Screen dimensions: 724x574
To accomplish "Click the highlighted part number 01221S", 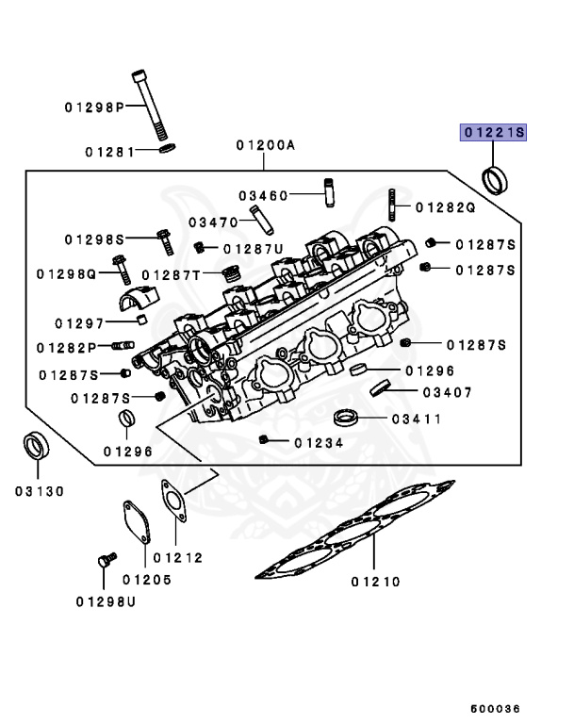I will click(492, 133).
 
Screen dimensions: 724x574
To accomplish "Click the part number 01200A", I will click(266, 145).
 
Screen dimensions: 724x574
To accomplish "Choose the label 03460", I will click(262, 195).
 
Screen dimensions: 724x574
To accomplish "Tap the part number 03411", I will click(416, 418).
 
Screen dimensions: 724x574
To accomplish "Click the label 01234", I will click(317, 441).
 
